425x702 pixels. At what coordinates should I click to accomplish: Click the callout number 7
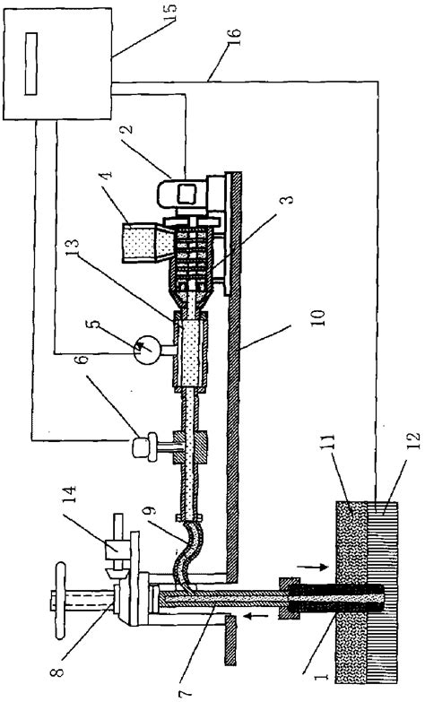(186, 692)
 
